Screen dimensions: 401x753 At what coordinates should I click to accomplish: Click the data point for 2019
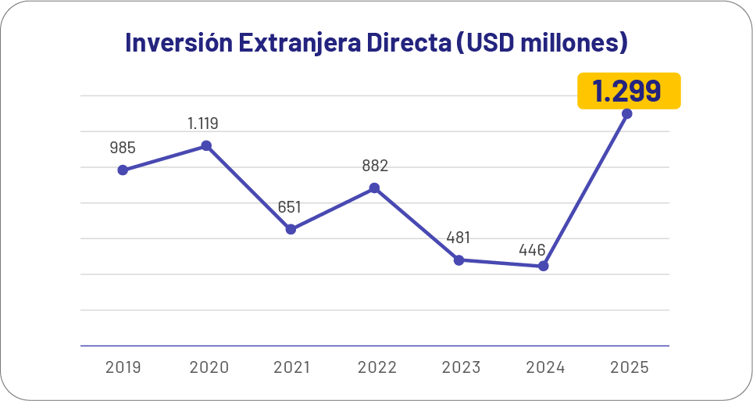coord(123,170)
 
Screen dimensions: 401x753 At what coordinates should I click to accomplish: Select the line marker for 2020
coord(206,145)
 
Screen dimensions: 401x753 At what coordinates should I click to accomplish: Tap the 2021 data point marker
coord(291,229)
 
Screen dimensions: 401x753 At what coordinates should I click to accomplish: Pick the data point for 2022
coord(375,188)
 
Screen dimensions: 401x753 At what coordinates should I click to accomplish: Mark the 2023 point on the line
coord(459,260)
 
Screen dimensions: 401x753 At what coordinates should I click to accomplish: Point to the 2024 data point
coord(544,266)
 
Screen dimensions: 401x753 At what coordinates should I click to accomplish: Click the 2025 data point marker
coord(627,113)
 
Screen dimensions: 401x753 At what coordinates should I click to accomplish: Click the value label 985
coord(123,147)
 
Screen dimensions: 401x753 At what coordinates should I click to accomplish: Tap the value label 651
coord(289,207)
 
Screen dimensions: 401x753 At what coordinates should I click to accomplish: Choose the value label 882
coord(375,166)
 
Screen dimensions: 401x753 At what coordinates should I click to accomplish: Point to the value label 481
coord(458,238)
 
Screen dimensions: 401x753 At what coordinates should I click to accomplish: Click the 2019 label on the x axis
coord(123,367)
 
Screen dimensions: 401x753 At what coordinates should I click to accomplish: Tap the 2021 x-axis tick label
coord(291,367)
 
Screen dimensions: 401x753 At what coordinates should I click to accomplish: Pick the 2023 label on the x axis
coord(459,367)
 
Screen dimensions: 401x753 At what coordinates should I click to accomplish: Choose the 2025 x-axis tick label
coord(628,367)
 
